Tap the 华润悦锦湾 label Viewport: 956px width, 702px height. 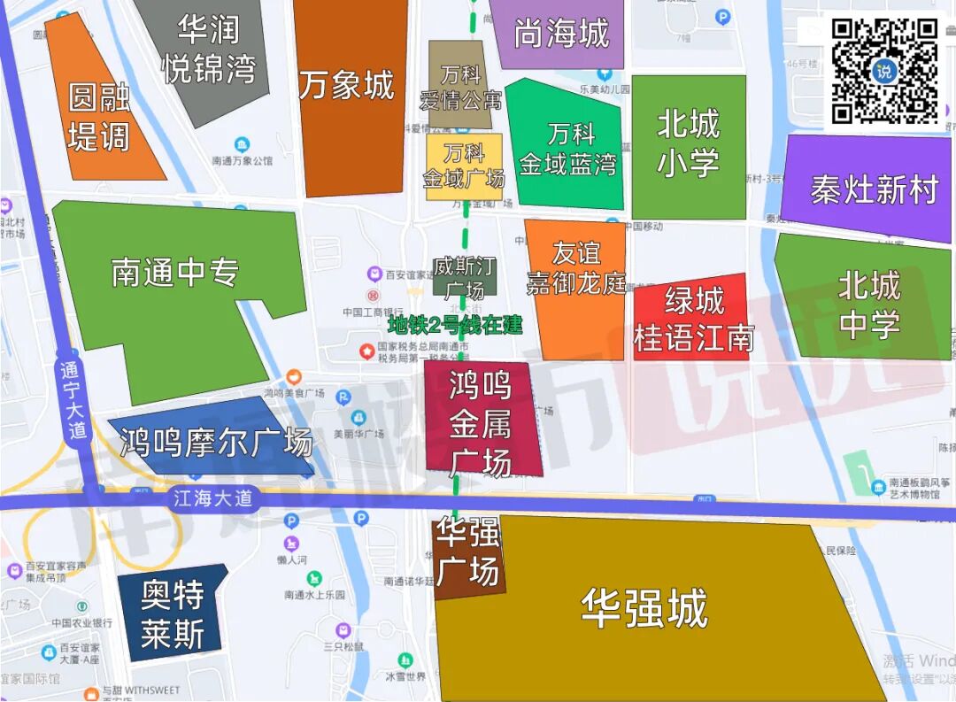tap(209, 50)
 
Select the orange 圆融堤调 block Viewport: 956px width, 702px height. tap(99, 116)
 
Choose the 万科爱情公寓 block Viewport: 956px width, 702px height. tap(459, 86)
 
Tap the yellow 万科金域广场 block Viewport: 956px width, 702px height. tap(464, 166)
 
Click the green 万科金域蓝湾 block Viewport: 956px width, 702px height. tap(570, 149)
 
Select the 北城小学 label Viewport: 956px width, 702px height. tap(688, 143)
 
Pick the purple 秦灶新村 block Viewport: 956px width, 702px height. tap(874, 189)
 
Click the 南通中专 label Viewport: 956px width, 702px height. tap(175, 272)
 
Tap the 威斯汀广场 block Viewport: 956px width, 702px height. tap(464, 277)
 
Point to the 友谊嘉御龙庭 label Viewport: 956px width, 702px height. tap(576, 268)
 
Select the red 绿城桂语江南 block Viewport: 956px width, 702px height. tap(693, 319)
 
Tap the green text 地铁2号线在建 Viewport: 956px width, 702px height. tap(455, 325)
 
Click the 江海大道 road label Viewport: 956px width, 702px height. tap(212, 498)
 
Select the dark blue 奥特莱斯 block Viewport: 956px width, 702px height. tap(173, 613)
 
